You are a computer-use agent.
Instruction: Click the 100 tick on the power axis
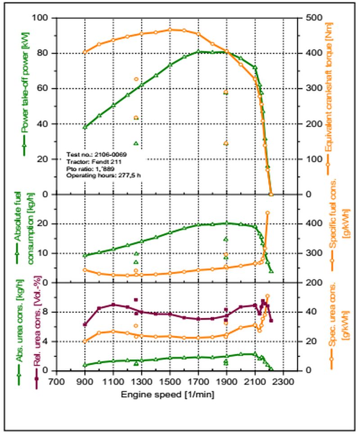click(x=44, y=18)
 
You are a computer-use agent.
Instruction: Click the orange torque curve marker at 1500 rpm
click(x=170, y=30)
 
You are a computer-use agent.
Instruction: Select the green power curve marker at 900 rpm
click(x=85, y=127)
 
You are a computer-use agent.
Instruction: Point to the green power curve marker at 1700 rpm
click(x=198, y=52)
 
